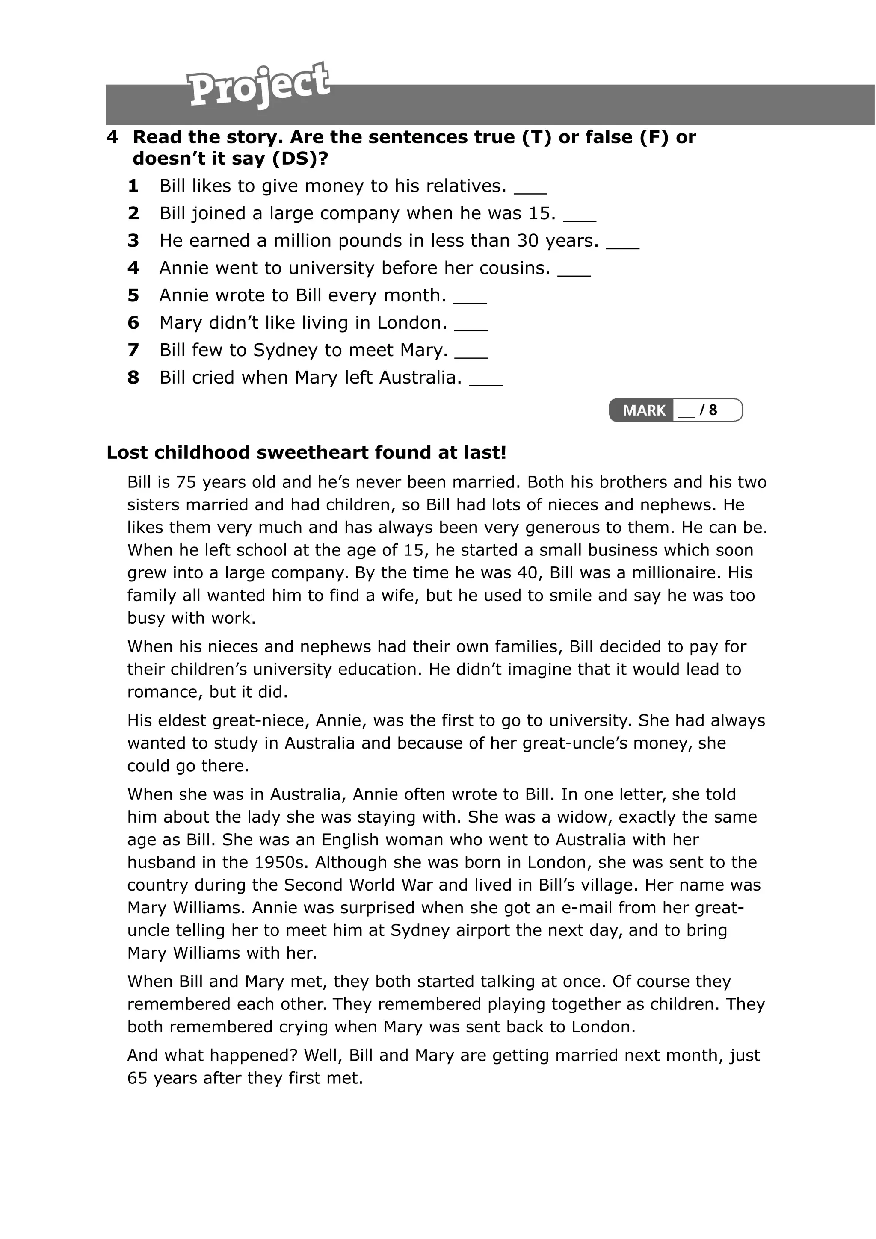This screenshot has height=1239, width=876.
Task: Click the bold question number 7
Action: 133,350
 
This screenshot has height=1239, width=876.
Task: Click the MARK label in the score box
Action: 643,411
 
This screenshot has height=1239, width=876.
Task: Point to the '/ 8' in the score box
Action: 708,410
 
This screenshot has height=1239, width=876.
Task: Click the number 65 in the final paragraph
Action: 137,1078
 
